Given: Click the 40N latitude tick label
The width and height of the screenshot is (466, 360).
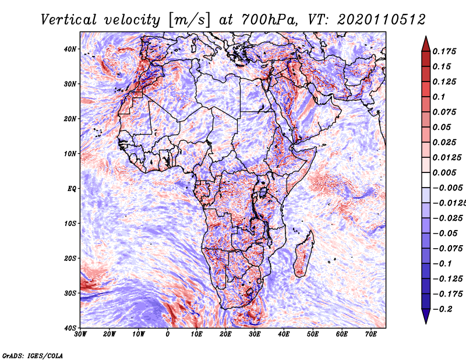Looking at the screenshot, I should pyautogui.click(x=70, y=49).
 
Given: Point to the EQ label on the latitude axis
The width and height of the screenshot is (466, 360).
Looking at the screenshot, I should pyautogui.click(x=72, y=189).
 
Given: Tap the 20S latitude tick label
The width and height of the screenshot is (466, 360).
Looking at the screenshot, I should pyautogui.click(x=70, y=258).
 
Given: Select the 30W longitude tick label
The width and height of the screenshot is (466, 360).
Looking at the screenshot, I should pyautogui.click(x=80, y=334).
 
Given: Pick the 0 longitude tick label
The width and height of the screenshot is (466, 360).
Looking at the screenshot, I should pyautogui.click(x=168, y=334).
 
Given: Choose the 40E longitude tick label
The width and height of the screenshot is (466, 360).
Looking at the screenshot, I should pyautogui.click(x=284, y=334).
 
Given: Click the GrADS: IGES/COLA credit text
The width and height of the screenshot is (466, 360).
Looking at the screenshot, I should pyautogui.click(x=33, y=355).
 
